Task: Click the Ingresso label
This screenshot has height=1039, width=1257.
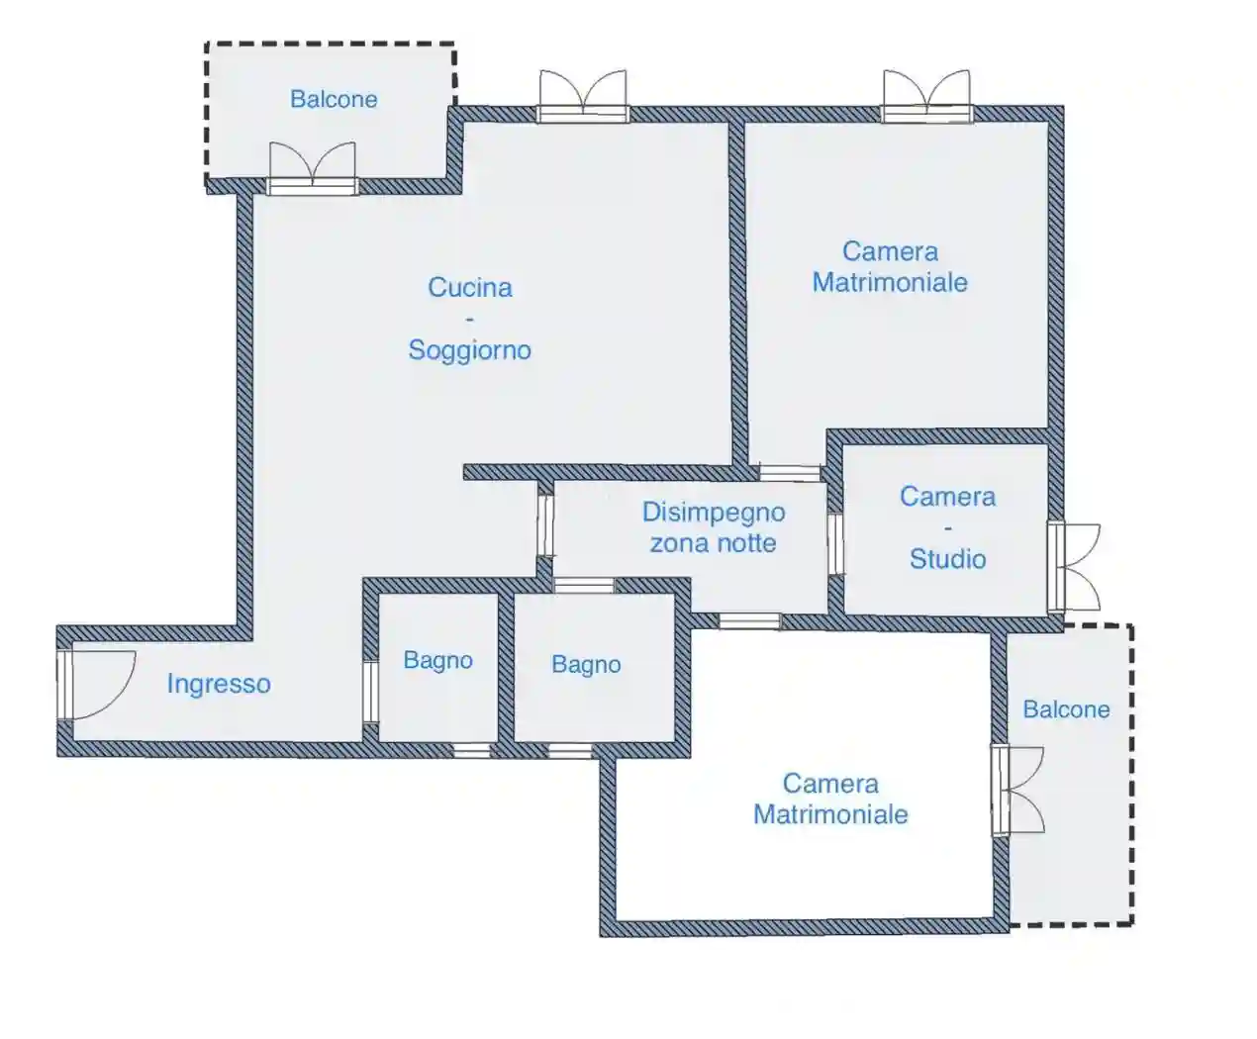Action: point(218,684)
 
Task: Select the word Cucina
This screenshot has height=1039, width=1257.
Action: point(469,288)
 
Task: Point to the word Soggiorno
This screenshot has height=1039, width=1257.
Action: point(469,350)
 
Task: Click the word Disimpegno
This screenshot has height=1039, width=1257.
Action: point(713,513)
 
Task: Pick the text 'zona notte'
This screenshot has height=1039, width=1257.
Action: point(713,543)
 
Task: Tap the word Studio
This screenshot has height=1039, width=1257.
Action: point(947,559)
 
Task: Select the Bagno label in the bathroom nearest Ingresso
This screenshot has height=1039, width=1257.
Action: point(437,660)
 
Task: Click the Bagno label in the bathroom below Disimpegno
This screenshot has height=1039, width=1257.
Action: point(586,665)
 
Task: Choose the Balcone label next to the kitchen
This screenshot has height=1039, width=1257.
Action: point(334,99)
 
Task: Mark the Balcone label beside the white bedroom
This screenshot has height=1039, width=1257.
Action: point(1066,709)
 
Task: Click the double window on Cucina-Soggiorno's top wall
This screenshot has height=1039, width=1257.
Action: point(583,97)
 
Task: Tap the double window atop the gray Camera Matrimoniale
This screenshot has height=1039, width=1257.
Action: point(926,97)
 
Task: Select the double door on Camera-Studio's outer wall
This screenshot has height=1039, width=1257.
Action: point(1073,566)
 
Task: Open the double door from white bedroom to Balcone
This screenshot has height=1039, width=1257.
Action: point(1017,790)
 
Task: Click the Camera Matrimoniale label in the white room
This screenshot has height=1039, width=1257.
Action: point(830,799)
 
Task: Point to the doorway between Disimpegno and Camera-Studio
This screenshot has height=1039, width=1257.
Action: point(835,543)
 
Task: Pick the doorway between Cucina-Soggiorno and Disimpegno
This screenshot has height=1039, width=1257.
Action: point(545,524)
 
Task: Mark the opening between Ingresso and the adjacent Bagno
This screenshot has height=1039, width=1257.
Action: point(370,692)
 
